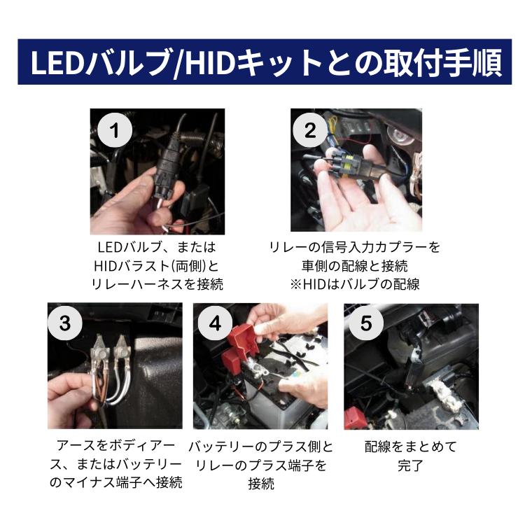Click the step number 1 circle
coord(115,130)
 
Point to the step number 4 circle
coord(215,324)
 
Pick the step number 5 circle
coord(365,324)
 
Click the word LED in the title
coord(59,64)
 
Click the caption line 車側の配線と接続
coord(355,266)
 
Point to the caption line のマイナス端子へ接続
coord(115,483)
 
